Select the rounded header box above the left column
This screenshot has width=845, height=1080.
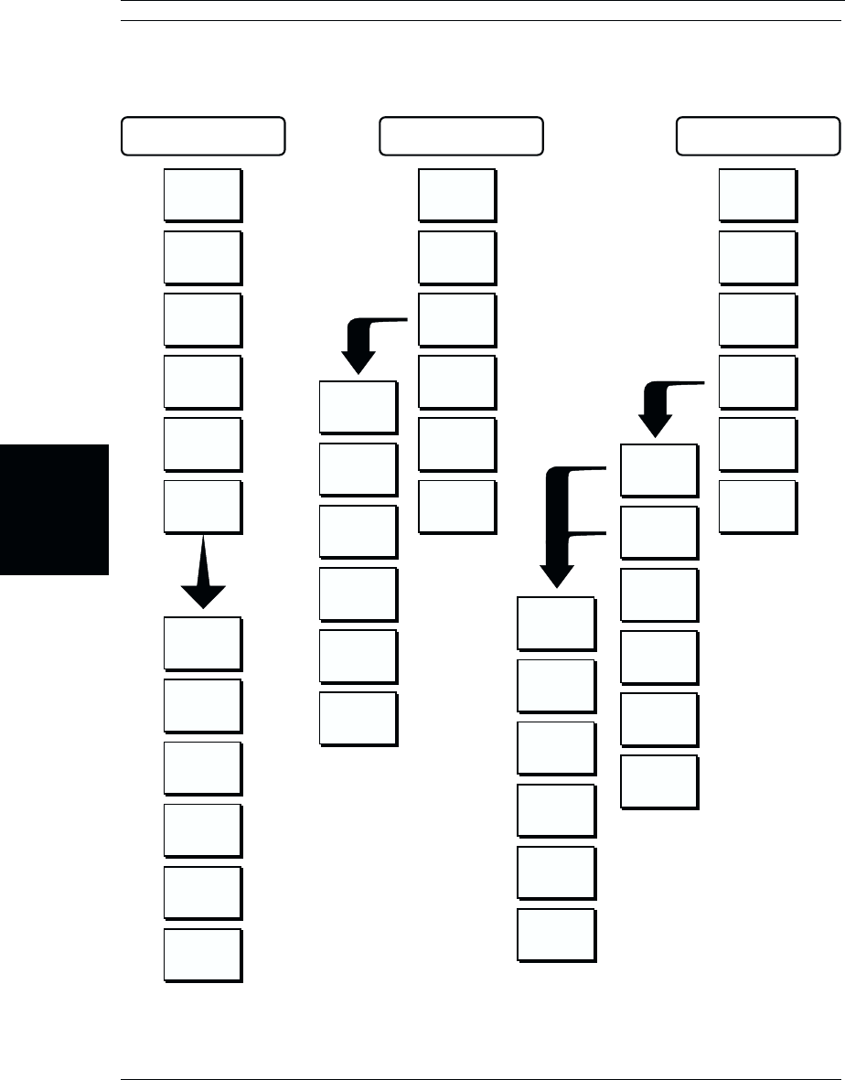203,136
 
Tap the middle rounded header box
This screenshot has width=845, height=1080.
461,136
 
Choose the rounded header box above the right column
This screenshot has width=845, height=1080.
757,136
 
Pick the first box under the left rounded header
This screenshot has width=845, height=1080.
202,195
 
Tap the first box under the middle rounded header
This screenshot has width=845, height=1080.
457,195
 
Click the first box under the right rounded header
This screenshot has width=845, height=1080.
757,195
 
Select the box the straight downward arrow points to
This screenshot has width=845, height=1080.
203,645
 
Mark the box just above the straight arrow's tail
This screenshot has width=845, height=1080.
202,507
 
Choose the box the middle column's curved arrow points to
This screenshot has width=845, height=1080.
358,407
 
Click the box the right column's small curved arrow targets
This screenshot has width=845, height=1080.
658,470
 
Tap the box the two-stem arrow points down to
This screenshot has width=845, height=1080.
556,624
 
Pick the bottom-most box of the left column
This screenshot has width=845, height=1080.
203,956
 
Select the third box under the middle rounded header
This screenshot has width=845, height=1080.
457,319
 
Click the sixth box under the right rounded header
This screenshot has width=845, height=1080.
757,506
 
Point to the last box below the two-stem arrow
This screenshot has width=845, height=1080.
556,935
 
